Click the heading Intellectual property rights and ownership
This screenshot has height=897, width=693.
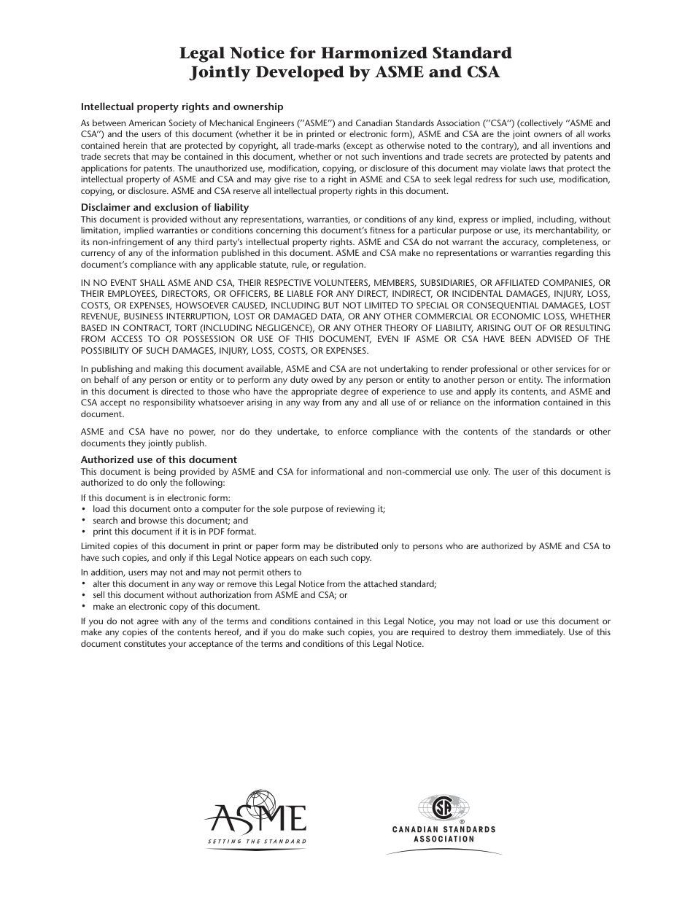click(182, 106)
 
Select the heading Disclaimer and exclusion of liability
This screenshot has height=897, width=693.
click(164, 208)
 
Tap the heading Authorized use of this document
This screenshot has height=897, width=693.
click(158, 459)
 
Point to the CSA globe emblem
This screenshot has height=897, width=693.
click(443, 808)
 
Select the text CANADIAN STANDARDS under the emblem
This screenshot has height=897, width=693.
click(444, 830)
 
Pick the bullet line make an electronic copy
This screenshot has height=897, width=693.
click(175, 607)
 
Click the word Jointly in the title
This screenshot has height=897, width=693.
click(219, 72)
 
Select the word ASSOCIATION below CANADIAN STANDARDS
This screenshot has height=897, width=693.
click(444, 839)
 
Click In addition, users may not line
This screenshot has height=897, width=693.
click(190, 572)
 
